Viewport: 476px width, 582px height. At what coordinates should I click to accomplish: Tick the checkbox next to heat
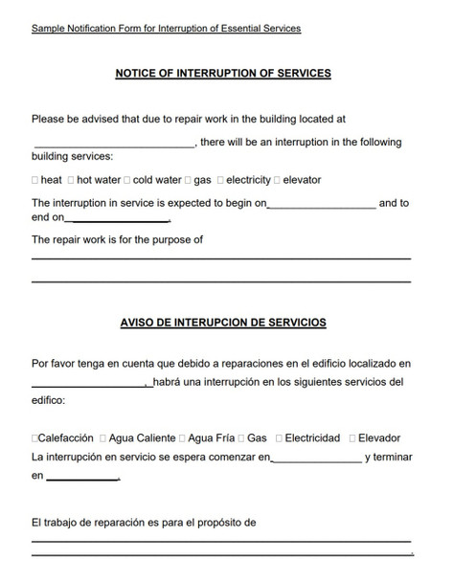point(35,180)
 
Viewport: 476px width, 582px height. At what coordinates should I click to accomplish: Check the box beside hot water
point(71,180)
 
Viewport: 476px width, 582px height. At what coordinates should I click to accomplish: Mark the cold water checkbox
point(127,180)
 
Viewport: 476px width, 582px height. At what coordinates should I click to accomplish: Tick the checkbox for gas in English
point(188,180)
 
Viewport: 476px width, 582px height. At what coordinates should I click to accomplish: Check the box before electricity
point(220,180)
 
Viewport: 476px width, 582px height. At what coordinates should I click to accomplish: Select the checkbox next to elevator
point(278,180)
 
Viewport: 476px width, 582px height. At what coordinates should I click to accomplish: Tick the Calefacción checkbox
point(35,438)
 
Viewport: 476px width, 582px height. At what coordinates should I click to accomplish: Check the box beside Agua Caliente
point(102,438)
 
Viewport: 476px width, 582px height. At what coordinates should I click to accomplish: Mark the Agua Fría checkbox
point(183,438)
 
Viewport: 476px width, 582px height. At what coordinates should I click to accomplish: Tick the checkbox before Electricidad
point(279,438)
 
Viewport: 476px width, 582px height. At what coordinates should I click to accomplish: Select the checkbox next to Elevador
point(351,438)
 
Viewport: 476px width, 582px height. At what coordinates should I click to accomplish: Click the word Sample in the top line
point(48,29)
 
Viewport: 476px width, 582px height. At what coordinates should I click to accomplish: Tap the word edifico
point(48,402)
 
